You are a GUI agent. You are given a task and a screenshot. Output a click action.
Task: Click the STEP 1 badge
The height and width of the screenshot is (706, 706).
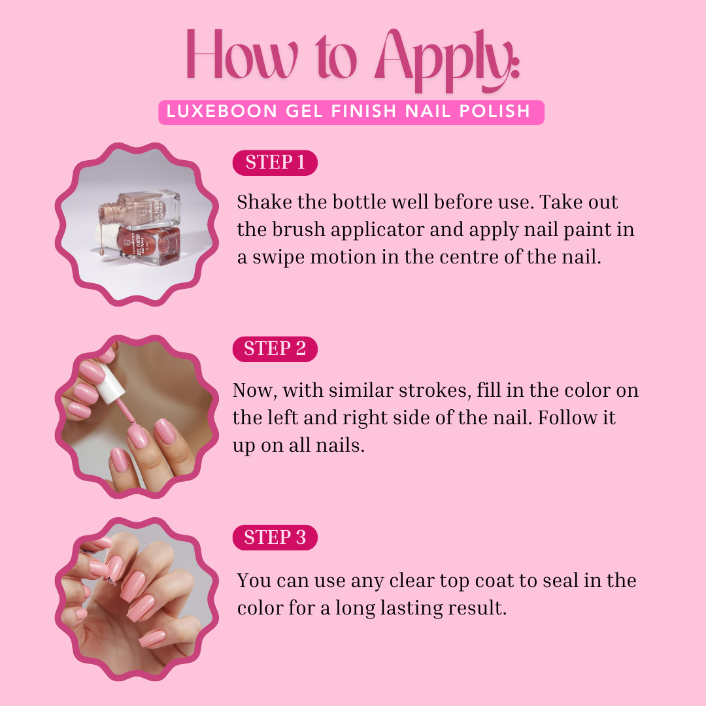pyautogui.click(x=275, y=163)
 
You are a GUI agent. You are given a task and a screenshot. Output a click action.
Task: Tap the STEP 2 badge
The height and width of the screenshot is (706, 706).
pyautogui.click(x=275, y=349)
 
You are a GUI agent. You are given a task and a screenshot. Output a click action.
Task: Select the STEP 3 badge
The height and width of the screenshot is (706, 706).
pyautogui.click(x=275, y=537)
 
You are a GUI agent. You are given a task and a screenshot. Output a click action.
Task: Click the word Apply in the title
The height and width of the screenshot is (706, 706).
pyautogui.click(x=448, y=60)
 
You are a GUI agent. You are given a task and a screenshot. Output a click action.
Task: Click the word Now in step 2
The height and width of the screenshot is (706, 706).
pyautogui.click(x=254, y=390)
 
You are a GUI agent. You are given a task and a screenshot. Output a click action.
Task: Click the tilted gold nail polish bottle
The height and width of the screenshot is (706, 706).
pyautogui.click(x=141, y=209)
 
